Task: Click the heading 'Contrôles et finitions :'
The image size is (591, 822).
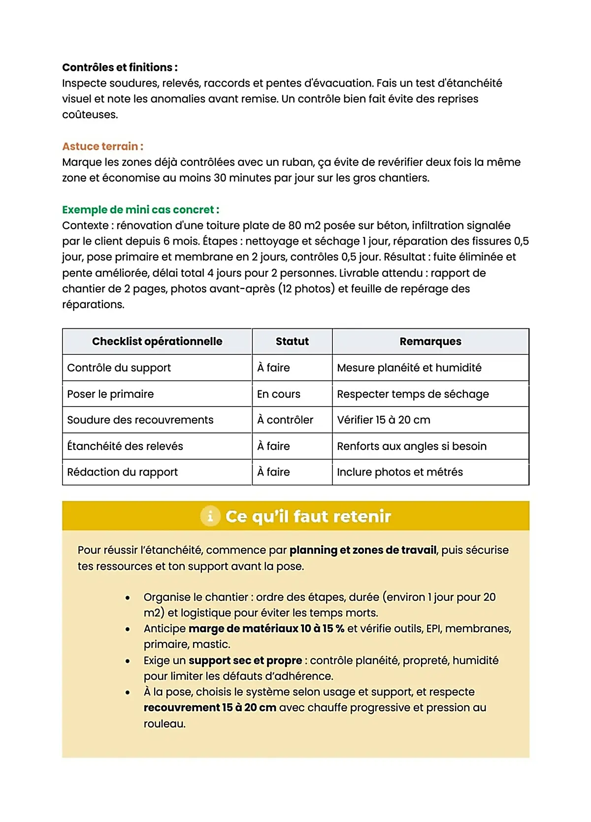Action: tap(120, 67)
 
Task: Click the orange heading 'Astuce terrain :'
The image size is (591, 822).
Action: tap(102, 146)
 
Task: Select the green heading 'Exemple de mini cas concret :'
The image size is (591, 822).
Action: tap(140, 210)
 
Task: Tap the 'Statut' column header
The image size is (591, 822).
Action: tap(292, 342)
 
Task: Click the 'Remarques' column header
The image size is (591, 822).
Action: tap(430, 342)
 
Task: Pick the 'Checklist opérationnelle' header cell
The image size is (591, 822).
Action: tap(157, 342)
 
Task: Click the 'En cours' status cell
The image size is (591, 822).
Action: tap(279, 394)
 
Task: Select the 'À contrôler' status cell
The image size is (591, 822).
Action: tap(285, 420)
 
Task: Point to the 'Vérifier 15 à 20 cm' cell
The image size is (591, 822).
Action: tap(384, 420)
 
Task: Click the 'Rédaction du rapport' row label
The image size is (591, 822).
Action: tap(123, 472)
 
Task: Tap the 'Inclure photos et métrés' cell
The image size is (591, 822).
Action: tap(400, 472)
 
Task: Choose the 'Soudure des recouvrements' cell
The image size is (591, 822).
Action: tap(140, 420)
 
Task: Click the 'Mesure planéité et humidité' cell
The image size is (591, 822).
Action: tap(409, 368)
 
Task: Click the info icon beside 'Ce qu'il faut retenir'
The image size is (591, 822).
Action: tap(210, 516)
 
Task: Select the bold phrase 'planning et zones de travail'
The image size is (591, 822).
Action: tap(363, 550)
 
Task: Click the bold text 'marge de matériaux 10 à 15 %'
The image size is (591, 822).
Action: tap(266, 629)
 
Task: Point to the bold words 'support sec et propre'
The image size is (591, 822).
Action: tap(245, 661)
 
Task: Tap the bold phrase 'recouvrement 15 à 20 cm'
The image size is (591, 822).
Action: tap(210, 708)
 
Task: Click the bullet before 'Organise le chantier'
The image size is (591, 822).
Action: tap(128, 598)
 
